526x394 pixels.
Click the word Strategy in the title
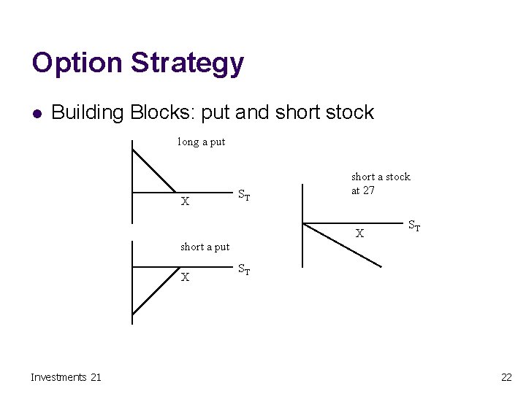187,63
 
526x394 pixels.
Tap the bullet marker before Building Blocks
37,113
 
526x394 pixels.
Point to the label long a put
202,142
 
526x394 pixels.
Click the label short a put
205,247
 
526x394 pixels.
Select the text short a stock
381,177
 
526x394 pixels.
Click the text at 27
363,190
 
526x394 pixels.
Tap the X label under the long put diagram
186,202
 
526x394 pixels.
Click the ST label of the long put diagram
245,196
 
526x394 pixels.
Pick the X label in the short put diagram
186,277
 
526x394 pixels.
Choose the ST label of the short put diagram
245,271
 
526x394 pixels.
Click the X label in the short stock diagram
359,234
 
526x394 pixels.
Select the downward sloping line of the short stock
343,244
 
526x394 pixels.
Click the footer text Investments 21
66,376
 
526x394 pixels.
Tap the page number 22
506,376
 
